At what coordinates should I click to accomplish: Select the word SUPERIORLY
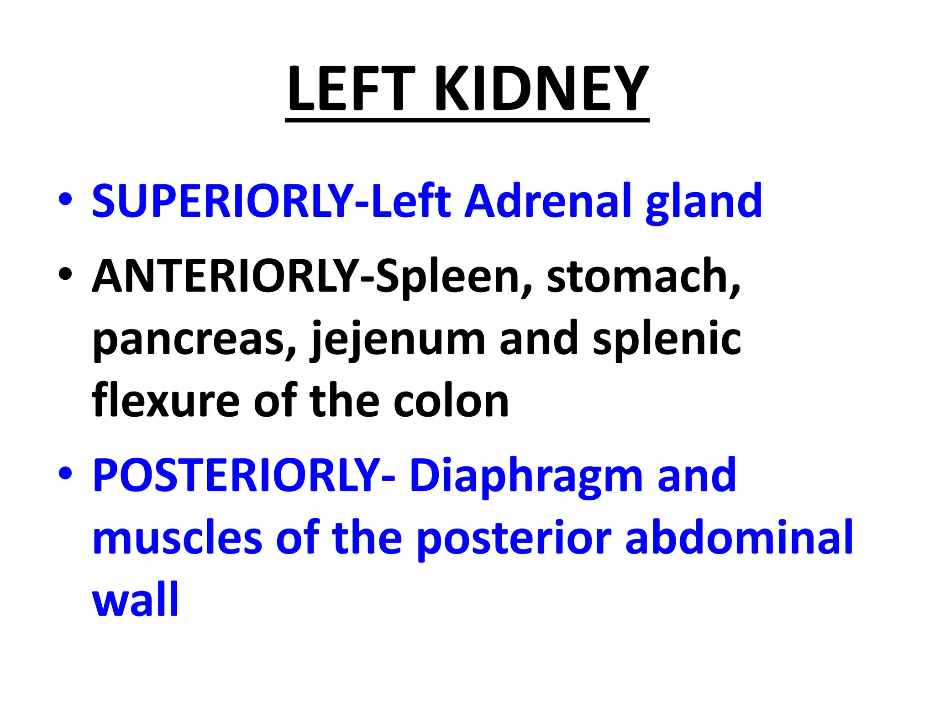click(223, 201)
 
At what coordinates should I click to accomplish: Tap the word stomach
click(643, 276)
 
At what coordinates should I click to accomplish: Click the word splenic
click(667, 339)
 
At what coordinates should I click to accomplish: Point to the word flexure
click(165, 400)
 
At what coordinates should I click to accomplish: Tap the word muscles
click(177, 539)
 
